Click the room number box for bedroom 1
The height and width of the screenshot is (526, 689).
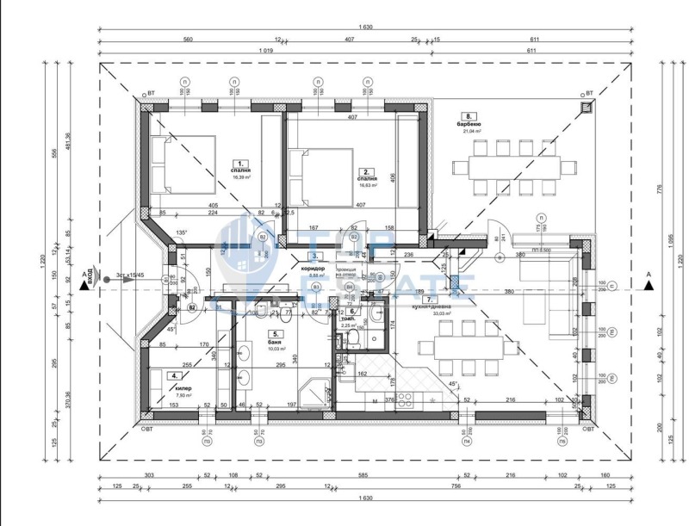pos(241,162)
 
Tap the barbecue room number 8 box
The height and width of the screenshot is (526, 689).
pos(469,116)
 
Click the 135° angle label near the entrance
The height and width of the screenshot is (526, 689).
pos(182,232)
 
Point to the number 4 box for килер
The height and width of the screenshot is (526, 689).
pos(176,375)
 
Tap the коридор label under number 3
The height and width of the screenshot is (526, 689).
pos(311,268)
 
